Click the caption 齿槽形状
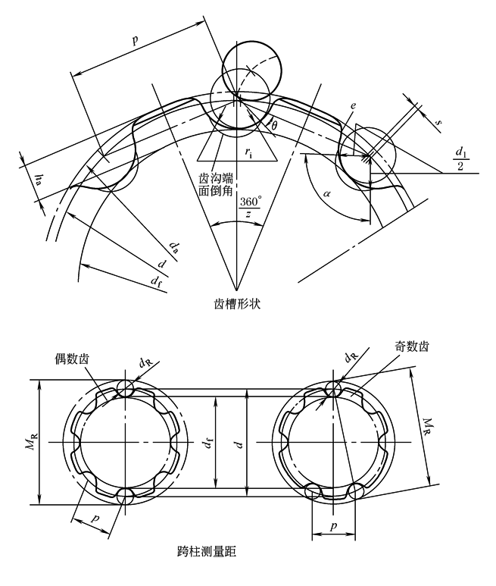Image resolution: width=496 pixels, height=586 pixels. point(236,304)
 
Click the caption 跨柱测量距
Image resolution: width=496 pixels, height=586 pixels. point(207,551)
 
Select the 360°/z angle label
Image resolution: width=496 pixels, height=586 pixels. point(250,208)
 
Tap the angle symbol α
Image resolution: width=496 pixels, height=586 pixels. point(327,194)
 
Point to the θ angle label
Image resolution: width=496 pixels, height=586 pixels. point(274,126)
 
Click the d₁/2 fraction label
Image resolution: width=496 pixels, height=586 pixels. point(460,159)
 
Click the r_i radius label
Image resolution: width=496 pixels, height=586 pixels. point(248,152)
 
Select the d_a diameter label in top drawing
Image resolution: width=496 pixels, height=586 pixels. point(173,247)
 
